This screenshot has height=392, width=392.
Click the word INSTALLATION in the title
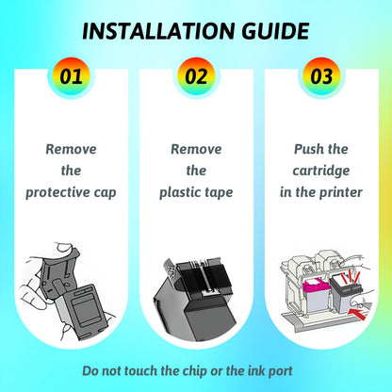click(x=158, y=31)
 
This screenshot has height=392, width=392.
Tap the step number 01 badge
click(x=71, y=76)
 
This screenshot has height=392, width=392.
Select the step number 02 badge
click(x=196, y=76)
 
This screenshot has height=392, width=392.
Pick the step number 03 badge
click(x=321, y=76)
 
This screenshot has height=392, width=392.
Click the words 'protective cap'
click(x=71, y=192)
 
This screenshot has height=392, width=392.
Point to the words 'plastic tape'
click(x=196, y=192)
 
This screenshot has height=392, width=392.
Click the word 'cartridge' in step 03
click(x=321, y=171)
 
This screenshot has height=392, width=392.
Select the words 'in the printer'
click(x=321, y=192)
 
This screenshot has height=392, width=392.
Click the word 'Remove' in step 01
click(x=71, y=149)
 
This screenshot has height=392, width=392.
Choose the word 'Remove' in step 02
click(x=196, y=149)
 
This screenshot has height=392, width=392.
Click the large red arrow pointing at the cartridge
click(x=357, y=314)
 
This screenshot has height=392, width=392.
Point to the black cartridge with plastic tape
click(x=195, y=300)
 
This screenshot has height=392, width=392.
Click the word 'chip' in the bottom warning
click(x=195, y=371)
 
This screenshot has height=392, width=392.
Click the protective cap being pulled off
click(x=60, y=274)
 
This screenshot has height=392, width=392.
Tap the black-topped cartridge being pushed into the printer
click(x=346, y=292)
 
